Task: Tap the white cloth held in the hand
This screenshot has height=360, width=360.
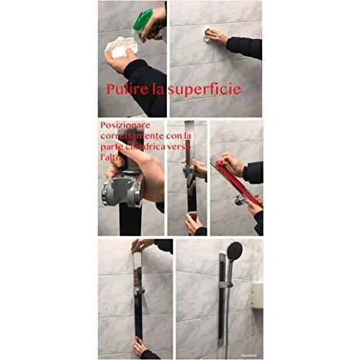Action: [120, 48]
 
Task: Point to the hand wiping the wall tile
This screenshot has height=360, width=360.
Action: [213, 35]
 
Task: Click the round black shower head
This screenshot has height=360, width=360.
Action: [233, 253]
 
